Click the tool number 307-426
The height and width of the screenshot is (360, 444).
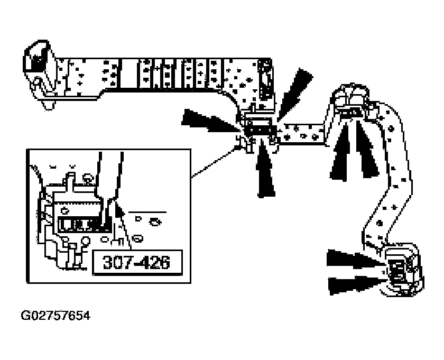pyautogui.click(x=136, y=262)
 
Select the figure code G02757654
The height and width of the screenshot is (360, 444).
pyautogui.click(x=56, y=316)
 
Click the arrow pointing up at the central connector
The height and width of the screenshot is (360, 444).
pyautogui.click(x=265, y=167)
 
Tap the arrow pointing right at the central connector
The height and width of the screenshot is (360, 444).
pyautogui.click(x=211, y=121)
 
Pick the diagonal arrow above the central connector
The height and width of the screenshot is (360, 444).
pyautogui.click(x=294, y=94)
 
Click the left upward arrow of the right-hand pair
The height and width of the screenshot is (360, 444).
pyautogui.click(x=340, y=152)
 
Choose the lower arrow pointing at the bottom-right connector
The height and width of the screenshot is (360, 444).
pyautogui.click(x=357, y=285)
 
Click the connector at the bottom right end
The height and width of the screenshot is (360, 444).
pyautogui.click(x=403, y=271)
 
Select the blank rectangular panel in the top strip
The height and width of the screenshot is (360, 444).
pyautogui.click(x=129, y=73)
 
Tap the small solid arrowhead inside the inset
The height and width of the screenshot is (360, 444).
pyautogui.click(x=120, y=210)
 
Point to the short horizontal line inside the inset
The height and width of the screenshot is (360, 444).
pyautogui.click(x=147, y=212)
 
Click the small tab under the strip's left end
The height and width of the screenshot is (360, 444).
pyautogui.click(x=49, y=105)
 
